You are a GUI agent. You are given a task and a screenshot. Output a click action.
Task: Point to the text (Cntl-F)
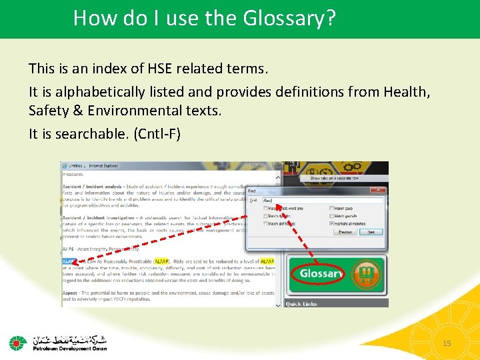[157, 133]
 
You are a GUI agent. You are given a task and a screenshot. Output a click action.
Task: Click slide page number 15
[447, 343]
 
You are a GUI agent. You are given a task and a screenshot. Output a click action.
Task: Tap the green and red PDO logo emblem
[18, 343]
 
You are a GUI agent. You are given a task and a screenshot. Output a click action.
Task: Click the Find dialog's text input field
[322, 200]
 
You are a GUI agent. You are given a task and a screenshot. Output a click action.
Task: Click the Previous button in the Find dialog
[347, 232]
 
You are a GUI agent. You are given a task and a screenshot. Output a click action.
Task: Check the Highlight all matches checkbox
[332, 223]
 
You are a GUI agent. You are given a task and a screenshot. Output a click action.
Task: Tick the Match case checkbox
[332, 208]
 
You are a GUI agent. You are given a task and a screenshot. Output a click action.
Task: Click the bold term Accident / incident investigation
[97, 217]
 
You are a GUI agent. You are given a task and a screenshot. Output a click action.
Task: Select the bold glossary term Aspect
[71, 293]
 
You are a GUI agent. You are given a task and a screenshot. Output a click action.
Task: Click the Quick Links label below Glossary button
[301, 304]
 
